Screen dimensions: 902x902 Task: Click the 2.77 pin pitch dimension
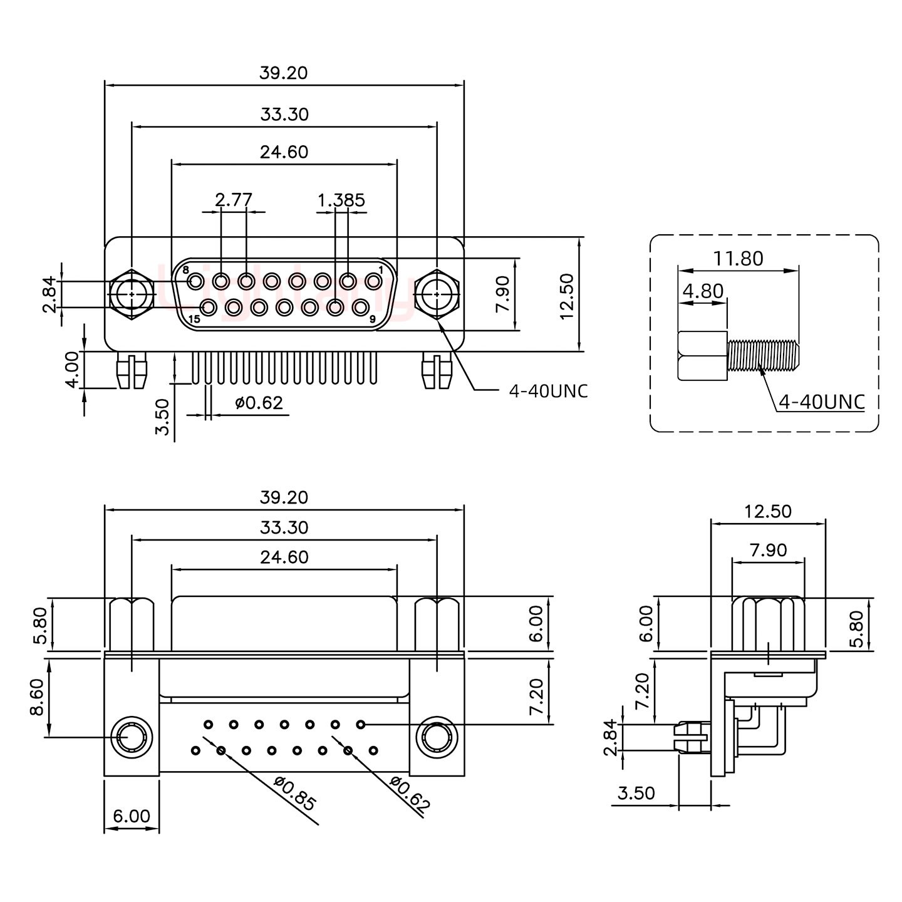[233, 200]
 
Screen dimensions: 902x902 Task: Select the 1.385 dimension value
[341, 200]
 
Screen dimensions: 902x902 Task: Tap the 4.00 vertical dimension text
[73, 370]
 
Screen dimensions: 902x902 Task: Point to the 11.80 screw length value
[738, 258]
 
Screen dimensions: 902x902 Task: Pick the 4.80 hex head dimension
[703, 291]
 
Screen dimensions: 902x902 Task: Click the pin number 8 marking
[185, 270]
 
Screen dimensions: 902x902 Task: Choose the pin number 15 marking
[194, 319]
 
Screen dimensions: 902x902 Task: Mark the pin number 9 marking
[372, 319]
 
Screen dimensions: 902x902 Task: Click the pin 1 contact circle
[373, 281]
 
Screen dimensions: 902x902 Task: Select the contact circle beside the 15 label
[208, 307]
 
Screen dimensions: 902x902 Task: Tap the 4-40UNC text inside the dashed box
[821, 402]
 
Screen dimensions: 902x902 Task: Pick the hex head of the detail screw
[702, 356]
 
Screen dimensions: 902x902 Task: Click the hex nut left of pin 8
[131, 293]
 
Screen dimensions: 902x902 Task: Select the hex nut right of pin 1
[436, 293]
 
